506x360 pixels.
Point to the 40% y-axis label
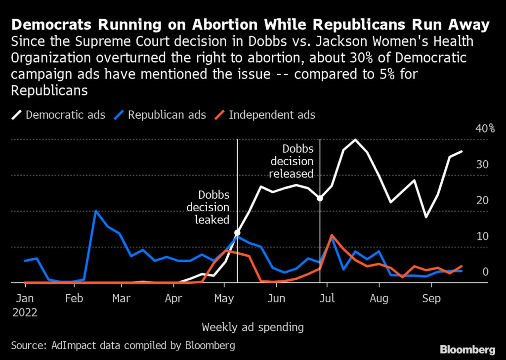click(x=485, y=129)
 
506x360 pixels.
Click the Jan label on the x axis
click(x=25, y=299)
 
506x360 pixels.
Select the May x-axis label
click(x=224, y=299)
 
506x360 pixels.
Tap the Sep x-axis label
click(x=432, y=299)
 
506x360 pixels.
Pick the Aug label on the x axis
click(x=379, y=299)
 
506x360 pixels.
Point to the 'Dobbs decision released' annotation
click(x=297, y=161)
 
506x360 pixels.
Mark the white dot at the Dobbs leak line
click(x=237, y=232)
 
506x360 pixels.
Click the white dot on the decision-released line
click(x=320, y=198)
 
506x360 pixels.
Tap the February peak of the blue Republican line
click(x=96, y=211)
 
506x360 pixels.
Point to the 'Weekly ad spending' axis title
click(x=253, y=327)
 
